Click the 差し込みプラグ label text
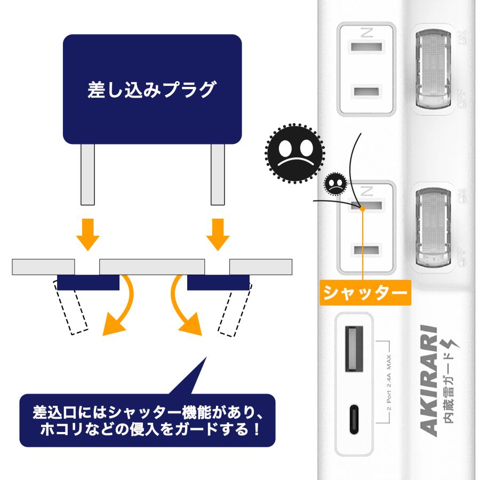click(152, 89)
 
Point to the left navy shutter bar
click(88, 282)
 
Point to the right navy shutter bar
click(218, 282)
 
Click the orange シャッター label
click(365, 293)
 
